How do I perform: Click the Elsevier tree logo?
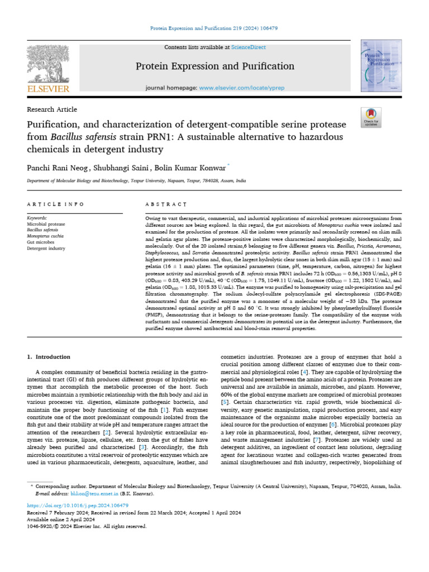tap(47, 64)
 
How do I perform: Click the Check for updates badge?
tap(371, 116)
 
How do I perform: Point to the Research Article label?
tap(52, 109)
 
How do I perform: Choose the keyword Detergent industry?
tap(46, 248)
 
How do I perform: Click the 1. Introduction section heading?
tap(49, 356)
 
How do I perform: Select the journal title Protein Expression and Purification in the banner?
tap(215, 66)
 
